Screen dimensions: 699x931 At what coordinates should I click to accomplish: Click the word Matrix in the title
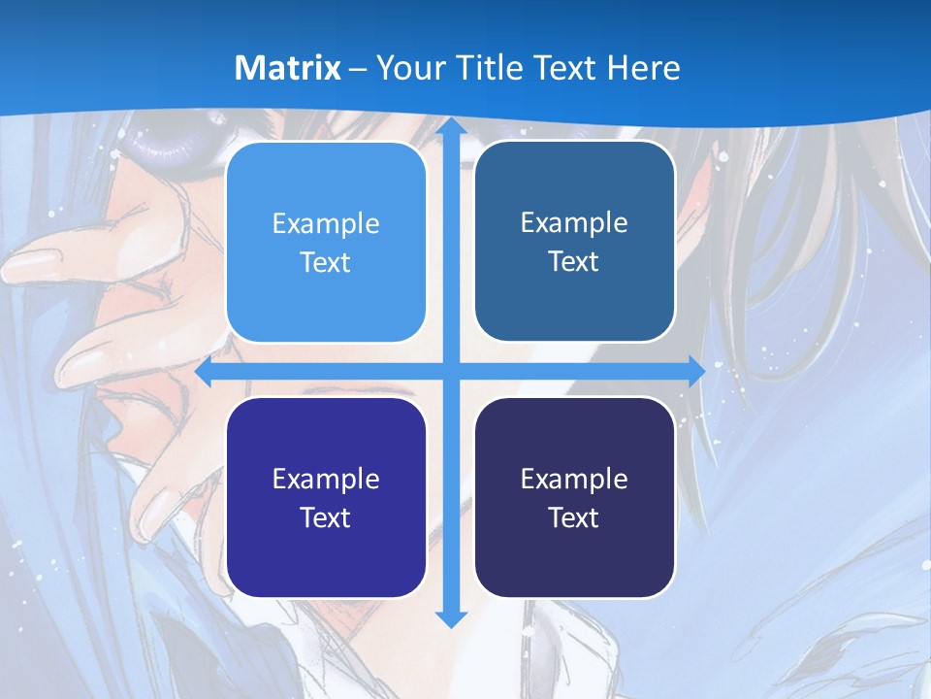click(287, 68)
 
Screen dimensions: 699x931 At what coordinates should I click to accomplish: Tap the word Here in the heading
click(643, 68)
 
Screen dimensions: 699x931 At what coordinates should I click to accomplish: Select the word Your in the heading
click(404, 68)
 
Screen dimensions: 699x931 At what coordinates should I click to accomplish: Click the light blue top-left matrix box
click(326, 242)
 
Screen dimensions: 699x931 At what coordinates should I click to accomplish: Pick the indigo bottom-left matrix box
click(326, 497)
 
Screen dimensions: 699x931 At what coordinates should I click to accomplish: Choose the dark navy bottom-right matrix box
click(574, 497)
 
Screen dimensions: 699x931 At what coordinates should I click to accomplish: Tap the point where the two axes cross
click(450, 372)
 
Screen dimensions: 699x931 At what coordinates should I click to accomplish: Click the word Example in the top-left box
click(326, 223)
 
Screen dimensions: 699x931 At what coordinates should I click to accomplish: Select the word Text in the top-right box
click(574, 261)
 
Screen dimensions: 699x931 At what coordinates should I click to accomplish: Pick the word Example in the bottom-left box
click(326, 479)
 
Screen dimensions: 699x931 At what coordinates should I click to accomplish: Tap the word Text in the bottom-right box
click(574, 517)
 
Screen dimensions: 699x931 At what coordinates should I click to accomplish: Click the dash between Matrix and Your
click(358, 69)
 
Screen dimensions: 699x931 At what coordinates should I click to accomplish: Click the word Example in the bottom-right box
click(574, 479)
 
